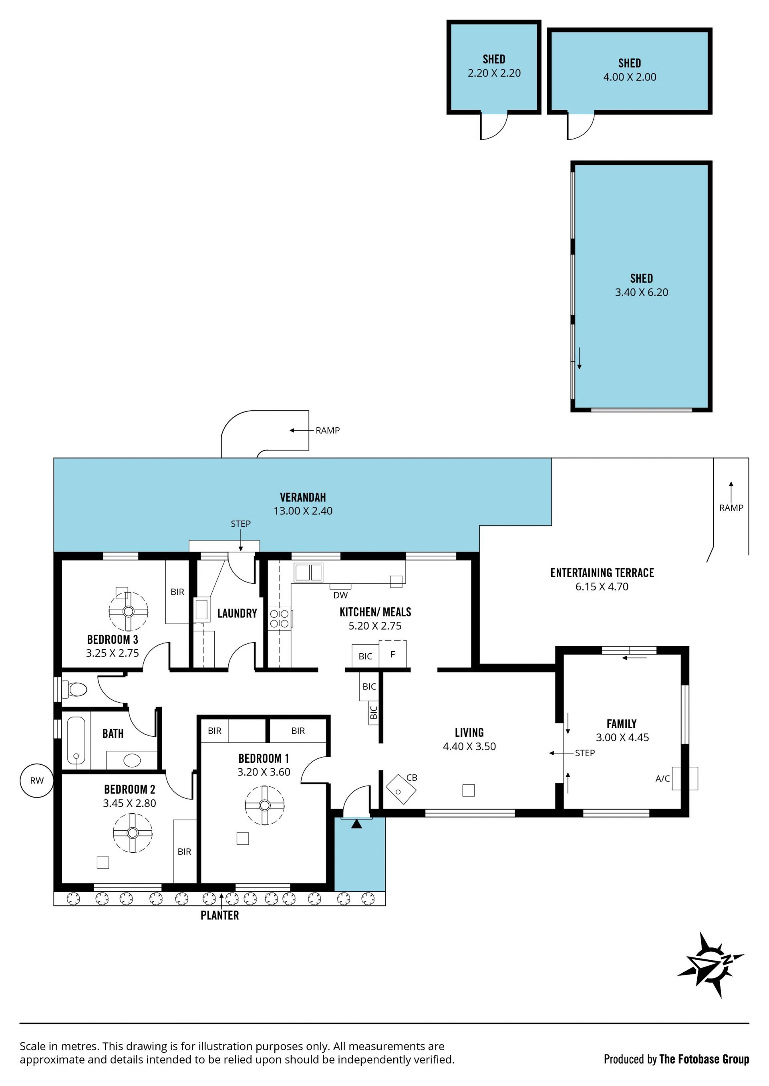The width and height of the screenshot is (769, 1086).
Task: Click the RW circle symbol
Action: (36, 780)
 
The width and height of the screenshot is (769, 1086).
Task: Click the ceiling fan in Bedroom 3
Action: (128, 611)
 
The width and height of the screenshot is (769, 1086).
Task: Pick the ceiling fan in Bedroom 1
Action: (265, 805)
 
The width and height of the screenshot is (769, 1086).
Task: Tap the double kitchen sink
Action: (308, 572)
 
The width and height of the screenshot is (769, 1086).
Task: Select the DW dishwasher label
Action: (340, 595)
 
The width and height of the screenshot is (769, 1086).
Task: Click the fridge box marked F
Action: (393, 654)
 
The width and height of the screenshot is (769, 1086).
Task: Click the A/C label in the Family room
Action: (662, 779)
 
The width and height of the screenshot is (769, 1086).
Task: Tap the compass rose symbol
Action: (710, 965)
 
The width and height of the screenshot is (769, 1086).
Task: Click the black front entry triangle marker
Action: (356, 824)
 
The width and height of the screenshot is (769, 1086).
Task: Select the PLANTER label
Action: (220, 915)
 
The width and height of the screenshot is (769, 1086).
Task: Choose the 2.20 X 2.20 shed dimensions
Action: (494, 73)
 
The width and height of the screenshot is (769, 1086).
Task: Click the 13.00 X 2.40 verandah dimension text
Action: (303, 511)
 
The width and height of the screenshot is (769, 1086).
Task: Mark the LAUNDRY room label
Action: (237, 613)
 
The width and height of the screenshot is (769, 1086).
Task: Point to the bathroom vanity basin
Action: (132, 760)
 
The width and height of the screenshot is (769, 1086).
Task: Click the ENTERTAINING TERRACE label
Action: (602, 573)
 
